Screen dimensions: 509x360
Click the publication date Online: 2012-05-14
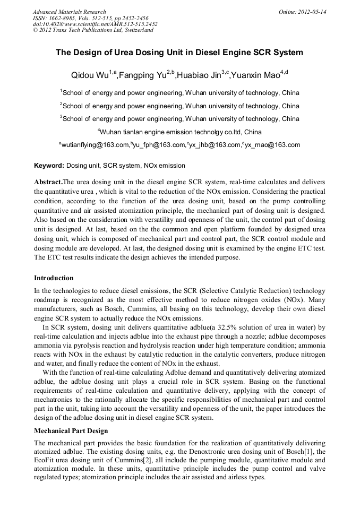click(302, 12)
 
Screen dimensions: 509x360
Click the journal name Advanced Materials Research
click(69, 12)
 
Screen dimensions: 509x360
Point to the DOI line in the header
click(95, 24)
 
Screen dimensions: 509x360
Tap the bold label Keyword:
click(49, 166)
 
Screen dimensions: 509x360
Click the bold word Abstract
click(48, 182)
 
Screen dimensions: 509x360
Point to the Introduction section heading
click(54, 278)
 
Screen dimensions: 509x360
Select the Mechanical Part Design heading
click(71, 430)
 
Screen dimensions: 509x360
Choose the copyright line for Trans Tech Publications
click(93, 30)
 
